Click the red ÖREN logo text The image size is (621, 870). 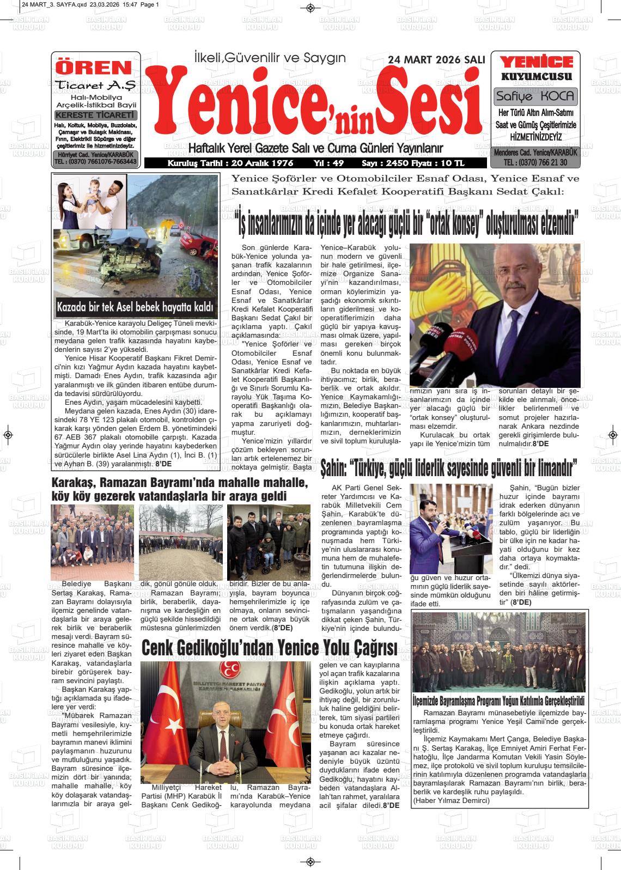(x=95, y=68)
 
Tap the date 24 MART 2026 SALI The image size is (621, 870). (x=436, y=59)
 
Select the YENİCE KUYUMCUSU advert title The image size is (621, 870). (x=536, y=69)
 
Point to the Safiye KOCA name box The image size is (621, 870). (x=535, y=96)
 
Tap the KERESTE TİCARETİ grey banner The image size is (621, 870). (x=95, y=115)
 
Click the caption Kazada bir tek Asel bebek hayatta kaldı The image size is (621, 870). (x=135, y=307)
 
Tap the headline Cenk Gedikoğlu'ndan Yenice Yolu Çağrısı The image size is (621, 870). (x=269, y=648)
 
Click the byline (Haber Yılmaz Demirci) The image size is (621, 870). (x=451, y=800)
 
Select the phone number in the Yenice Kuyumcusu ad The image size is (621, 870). (x=535, y=162)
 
